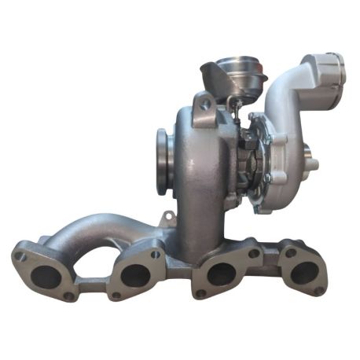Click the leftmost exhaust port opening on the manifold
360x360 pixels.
pos(49,277)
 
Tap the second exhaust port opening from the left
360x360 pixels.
pos(136,275)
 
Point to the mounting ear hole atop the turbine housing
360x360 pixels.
pos(205,101)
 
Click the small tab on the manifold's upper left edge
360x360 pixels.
pos(166,218)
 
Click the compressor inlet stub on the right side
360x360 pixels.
pos(313,161)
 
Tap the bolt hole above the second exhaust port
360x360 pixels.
pos(155,254)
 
